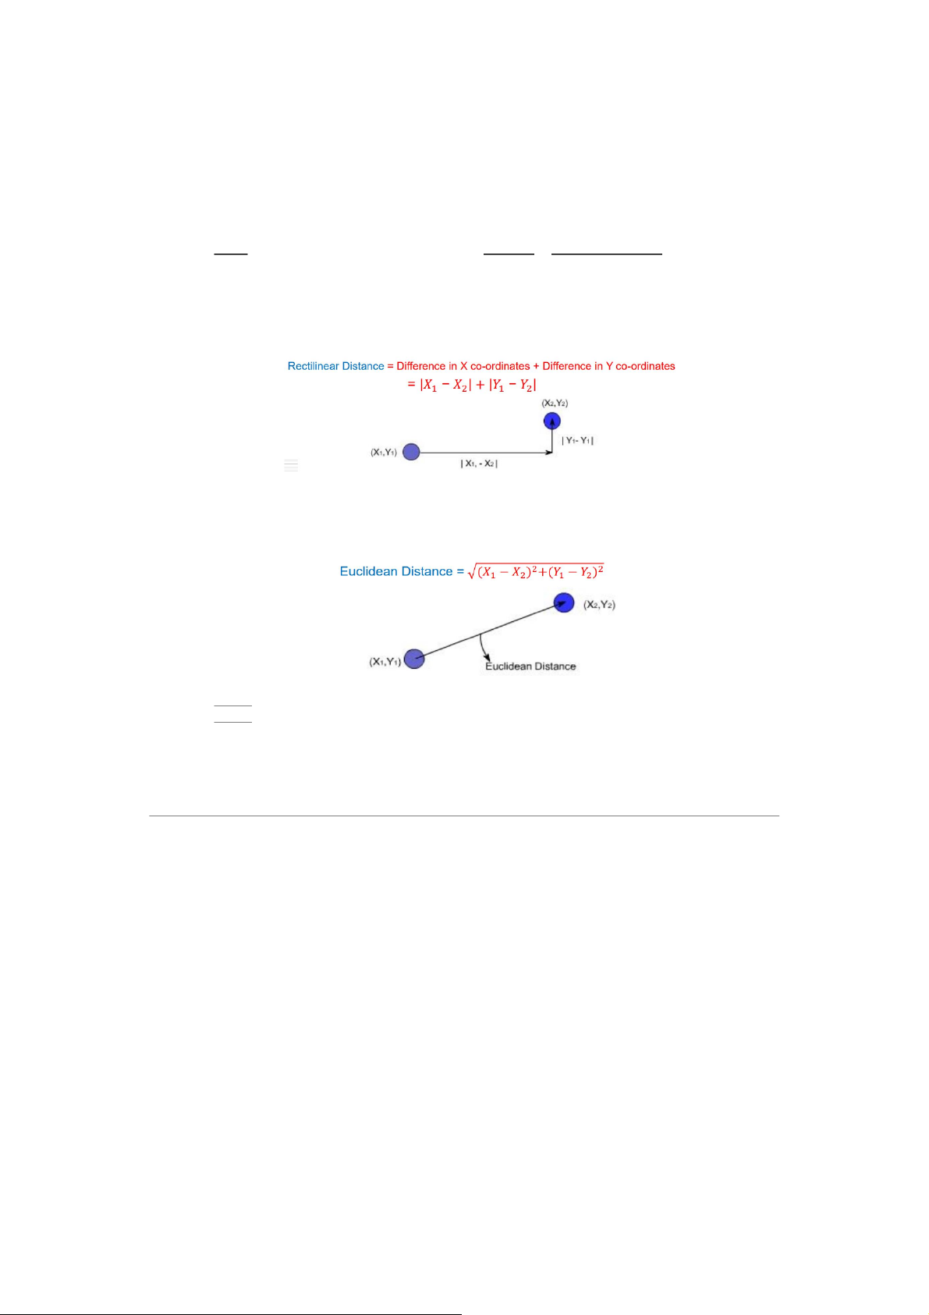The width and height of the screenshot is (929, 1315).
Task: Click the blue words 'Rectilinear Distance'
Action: click(x=335, y=366)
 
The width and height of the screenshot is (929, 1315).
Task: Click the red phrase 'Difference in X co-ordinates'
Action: click(x=463, y=366)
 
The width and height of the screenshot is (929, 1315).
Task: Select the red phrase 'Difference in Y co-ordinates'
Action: click(x=608, y=366)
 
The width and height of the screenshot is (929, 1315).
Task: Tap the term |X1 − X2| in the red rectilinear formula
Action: click(x=445, y=386)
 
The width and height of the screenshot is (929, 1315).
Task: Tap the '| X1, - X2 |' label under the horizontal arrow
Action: click(x=479, y=464)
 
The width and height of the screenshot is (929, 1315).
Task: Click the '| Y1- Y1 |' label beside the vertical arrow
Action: click(x=577, y=441)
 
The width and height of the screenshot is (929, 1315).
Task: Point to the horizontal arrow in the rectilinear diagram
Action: click(x=486, y=453)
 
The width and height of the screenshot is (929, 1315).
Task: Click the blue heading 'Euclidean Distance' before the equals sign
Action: click(x=396, y=572)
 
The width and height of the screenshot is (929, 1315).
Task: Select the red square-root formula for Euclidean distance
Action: click(x=536, y=571)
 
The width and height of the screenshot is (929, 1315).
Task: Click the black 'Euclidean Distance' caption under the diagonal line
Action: click(x=530, y=666)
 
